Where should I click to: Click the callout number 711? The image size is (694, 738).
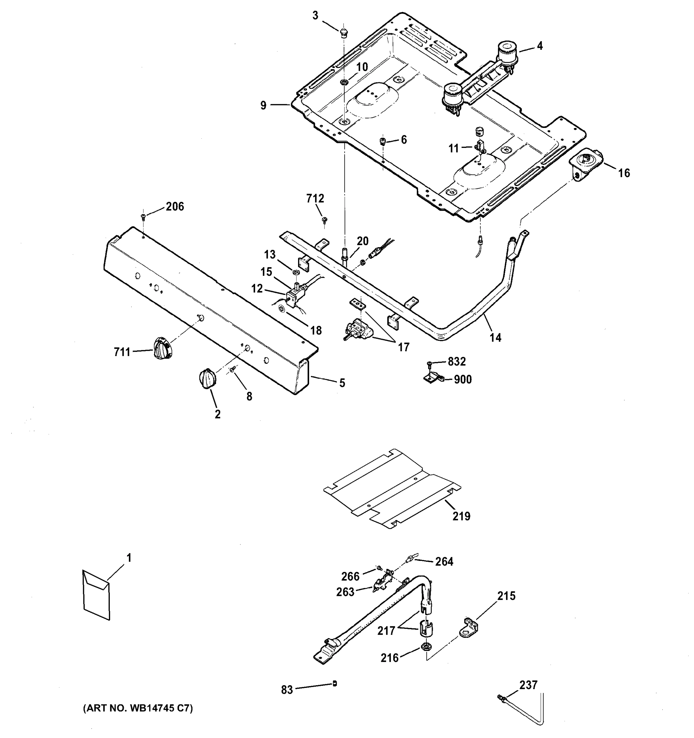(122, 351)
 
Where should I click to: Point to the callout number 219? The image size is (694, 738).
(461, 516)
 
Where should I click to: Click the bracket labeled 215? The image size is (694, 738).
(469, 627)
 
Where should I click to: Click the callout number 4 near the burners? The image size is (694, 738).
(540, 46)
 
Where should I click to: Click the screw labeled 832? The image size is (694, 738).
(430, 363)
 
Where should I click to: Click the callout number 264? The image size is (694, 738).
(444, 562)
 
